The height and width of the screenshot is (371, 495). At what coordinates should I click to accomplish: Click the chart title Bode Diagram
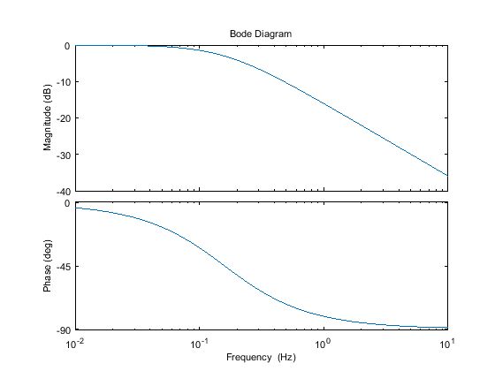click(261, 34)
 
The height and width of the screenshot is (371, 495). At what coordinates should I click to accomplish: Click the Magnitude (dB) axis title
click(52, 118)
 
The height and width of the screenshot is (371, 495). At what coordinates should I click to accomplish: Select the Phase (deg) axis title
click(52, 266)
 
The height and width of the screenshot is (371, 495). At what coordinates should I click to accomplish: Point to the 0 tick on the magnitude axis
click(67, 46)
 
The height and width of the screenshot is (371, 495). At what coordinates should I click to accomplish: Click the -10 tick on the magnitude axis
click(63, 82)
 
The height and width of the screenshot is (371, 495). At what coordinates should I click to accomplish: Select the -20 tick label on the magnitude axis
click(63, 118)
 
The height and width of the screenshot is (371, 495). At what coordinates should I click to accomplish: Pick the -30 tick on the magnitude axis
click(63, 155)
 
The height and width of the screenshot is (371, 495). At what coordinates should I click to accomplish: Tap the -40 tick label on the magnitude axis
click(63, 191)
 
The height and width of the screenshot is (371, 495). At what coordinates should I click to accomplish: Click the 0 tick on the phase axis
click(67, 203)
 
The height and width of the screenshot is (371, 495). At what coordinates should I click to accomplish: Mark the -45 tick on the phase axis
click(63, 266)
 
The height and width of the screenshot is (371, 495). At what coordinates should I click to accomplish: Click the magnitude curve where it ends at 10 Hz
click(446, 175)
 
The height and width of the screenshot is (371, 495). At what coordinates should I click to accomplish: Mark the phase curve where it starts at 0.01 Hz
click(77, 208)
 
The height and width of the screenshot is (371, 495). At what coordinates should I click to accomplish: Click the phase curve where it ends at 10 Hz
click(446, 328)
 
